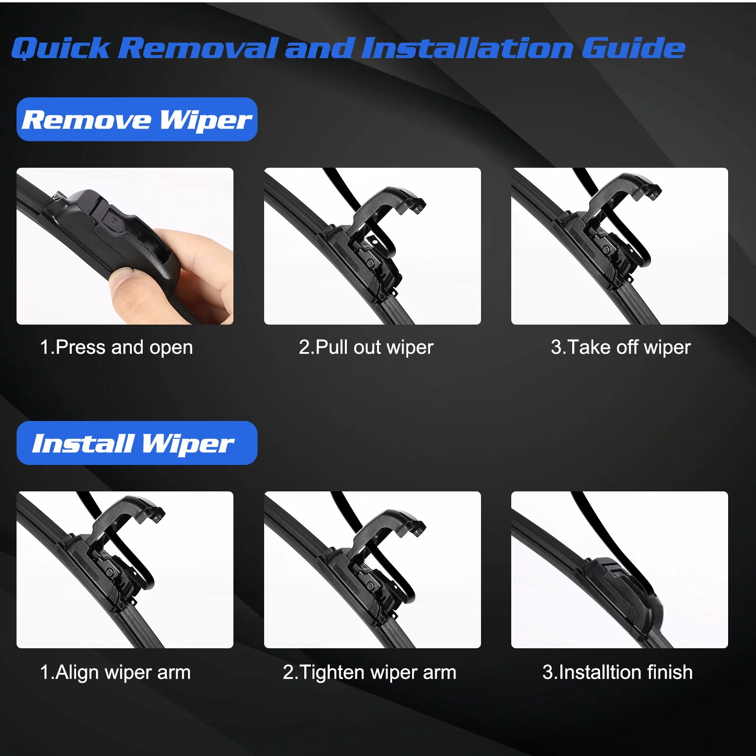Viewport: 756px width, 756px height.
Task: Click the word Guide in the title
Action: [633, 49]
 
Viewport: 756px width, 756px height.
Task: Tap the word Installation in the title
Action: [468, 49]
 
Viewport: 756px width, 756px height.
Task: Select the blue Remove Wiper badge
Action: [137, 120]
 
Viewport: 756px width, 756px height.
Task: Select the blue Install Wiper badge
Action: [137, 443]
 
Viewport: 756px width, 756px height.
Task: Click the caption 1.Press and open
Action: [116, 348]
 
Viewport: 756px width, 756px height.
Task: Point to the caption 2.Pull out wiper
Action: [366, 348]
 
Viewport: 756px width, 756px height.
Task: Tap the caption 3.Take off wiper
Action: [620, 348]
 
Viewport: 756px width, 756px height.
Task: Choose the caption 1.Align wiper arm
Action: [115, 672]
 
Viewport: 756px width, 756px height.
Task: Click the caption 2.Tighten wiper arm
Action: [369, 672]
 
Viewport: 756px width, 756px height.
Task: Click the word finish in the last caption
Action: [670, 672]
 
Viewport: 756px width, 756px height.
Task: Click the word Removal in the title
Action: [198, 49]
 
